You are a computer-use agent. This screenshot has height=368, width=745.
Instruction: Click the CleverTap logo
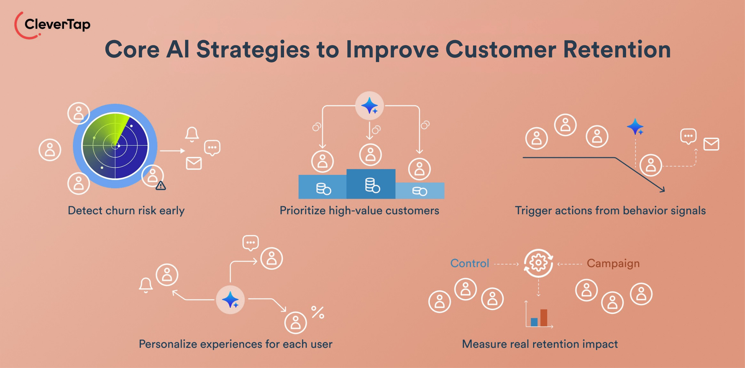(52, 25)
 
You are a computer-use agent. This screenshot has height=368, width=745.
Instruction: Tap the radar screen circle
(115, 146)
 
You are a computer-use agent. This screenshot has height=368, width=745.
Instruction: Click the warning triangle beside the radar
(161, 186)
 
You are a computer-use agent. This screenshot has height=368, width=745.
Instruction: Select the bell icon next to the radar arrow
(192, 135)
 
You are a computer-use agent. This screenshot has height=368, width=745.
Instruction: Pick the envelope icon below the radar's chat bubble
(194, 163)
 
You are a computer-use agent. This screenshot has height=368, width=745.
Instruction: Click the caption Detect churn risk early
(126, 210)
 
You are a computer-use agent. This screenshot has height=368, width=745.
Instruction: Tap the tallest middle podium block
(371, 184)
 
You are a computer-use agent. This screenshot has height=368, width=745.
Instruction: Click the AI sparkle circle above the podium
(369, 106)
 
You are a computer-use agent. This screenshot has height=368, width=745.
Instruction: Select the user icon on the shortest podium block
(419, 169)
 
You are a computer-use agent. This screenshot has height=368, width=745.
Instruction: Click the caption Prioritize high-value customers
(359, 210)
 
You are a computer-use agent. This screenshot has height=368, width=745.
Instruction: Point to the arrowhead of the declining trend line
(663, 190)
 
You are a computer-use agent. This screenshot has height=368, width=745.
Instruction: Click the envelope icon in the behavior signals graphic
(711, 144)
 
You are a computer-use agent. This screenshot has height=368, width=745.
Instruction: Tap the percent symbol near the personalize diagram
(318, 312)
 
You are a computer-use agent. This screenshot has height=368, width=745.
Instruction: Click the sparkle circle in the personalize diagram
(230, 300)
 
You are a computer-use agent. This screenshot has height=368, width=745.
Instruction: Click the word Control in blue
(469, 263)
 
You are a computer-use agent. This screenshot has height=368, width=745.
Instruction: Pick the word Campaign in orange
(613, 263)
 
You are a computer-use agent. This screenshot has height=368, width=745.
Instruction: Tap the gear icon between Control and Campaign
(538, 263)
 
